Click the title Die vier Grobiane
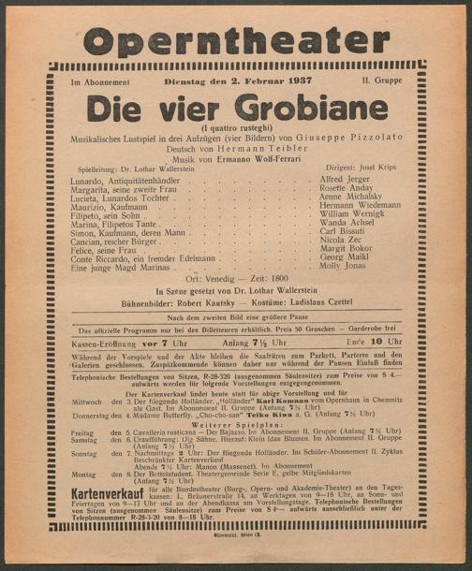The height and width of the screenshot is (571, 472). [x=235, y=109]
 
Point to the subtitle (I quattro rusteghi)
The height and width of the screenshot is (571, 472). [x=235, y=125]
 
